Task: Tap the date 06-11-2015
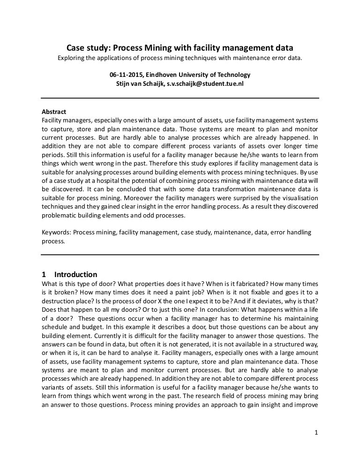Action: [126, 75]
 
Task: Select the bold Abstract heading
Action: [54, 112]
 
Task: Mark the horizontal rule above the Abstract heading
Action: [180, 98]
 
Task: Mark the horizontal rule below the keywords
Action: [180, 255]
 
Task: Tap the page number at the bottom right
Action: [316, 432]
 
